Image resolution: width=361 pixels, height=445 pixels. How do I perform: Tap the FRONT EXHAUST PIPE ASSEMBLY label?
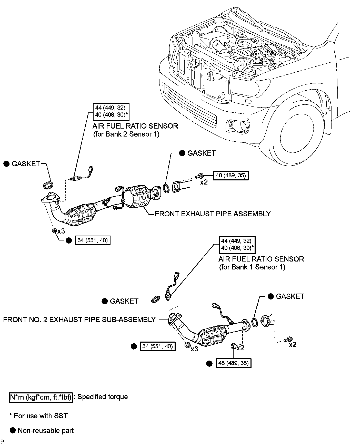click(213, 214)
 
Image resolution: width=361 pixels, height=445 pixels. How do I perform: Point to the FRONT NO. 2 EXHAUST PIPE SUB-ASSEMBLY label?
click(79, 320)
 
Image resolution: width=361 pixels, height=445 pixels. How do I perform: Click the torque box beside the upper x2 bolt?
click(231, 176)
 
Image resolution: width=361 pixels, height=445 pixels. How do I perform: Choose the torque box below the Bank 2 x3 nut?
click(93, 240)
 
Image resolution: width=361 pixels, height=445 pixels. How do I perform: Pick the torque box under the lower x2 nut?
click(234, 363)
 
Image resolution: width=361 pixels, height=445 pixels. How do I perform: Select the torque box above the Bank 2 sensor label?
click(111, 112)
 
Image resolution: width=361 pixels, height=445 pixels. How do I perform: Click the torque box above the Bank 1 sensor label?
click(237, 245)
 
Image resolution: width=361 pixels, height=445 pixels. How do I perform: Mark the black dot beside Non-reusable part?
click(13, 430)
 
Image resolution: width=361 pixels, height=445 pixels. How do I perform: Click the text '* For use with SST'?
click(38, 416)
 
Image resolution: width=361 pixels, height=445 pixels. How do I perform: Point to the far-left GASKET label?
click(26, 164)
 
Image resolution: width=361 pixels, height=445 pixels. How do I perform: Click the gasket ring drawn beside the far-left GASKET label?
click(48, 185)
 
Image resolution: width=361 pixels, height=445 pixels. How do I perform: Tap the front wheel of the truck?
click(297, 131)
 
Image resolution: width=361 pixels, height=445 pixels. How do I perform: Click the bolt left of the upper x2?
click(199, 176)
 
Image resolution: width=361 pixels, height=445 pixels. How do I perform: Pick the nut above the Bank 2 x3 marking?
click(54, 231)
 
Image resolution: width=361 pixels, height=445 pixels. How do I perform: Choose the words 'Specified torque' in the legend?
click(103, 397)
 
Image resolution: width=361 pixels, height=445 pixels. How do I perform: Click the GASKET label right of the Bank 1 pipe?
click(290, 296)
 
